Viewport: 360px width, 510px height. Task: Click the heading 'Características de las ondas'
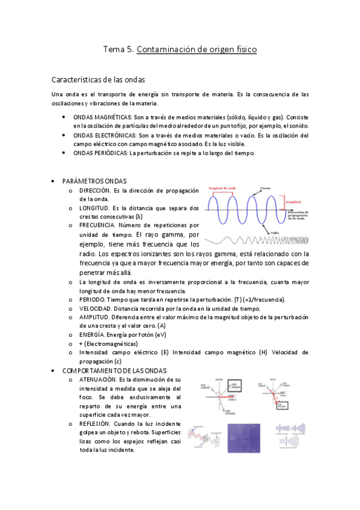tap(98, 79)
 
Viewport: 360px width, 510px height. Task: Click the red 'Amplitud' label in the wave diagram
tap(294, 203)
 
